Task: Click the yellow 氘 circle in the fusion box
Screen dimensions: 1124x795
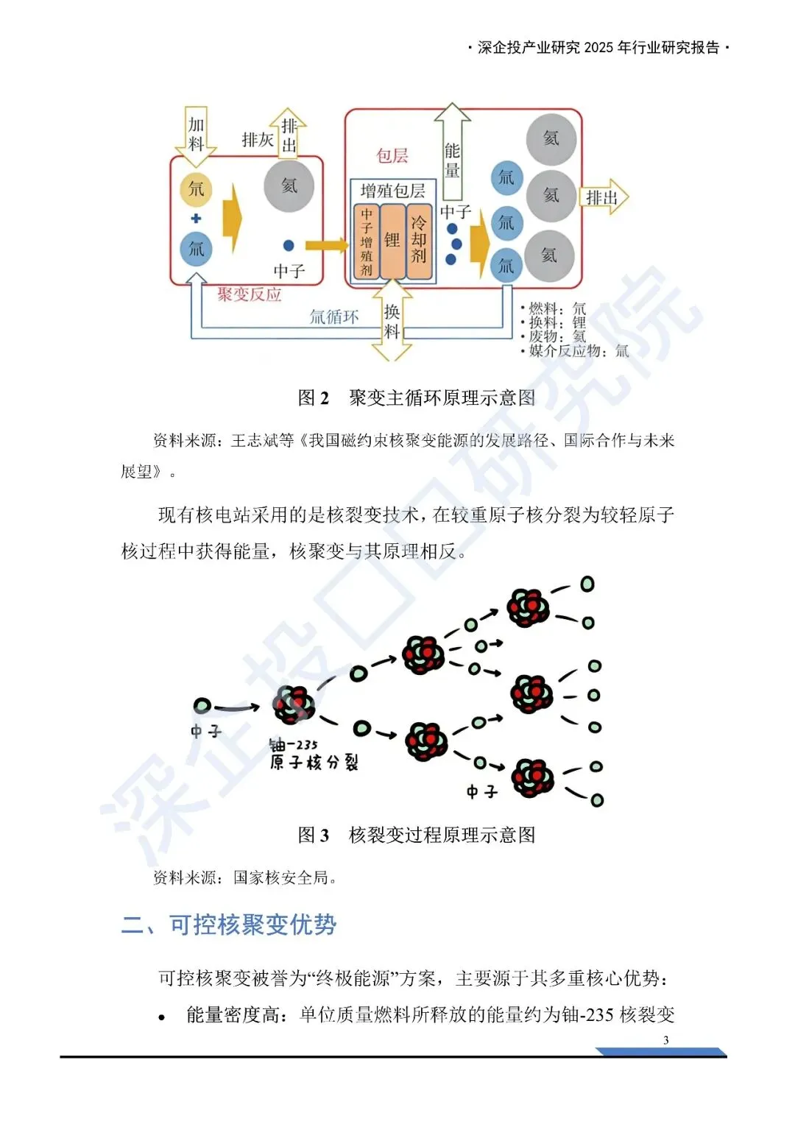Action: pos(196,189)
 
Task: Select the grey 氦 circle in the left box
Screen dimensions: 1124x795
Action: pos(289,186)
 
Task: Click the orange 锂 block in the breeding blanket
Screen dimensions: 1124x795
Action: pos(392,241)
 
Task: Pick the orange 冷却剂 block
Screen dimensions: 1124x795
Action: pos(419,241)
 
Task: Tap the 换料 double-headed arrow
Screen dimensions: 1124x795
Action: pos(392,321)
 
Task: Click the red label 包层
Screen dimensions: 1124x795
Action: pos(392,156)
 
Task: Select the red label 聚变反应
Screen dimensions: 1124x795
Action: pos(250,294)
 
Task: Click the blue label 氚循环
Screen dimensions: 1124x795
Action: pos(334,317)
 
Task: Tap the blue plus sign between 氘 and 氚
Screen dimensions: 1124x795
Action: pos(196,219)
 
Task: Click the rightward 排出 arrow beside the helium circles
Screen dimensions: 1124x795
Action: pos(605,197)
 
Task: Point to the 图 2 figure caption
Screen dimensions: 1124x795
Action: pos(417,398)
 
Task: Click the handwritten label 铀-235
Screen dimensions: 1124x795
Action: pos(294,745)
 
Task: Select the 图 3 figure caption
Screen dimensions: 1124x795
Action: pos(417,835)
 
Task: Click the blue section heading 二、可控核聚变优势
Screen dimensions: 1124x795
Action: pos(229,925)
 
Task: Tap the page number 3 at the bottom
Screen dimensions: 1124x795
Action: pos(666,1040)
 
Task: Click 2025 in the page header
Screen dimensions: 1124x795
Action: pos(598,48)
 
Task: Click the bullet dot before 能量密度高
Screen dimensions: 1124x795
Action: pos(162,1018)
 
